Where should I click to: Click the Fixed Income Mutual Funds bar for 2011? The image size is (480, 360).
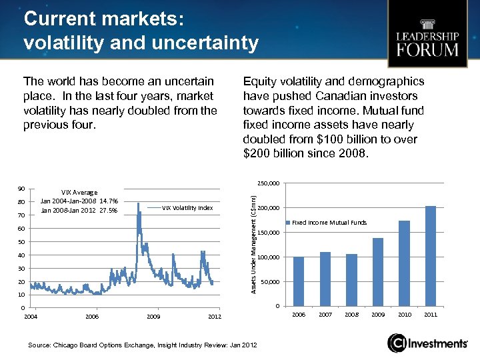[431, 256]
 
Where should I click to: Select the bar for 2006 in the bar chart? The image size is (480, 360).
[299, 281]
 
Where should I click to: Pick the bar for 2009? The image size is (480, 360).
[378, 272]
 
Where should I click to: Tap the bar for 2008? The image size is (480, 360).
[351, 280]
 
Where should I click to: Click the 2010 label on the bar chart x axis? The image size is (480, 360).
[404, 314]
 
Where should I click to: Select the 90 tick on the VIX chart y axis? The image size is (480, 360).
[21, 189]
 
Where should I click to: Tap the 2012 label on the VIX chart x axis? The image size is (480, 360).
[214, 316]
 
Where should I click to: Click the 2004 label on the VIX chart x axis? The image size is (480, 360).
[31, 316]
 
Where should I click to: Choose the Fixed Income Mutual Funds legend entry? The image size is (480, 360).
[329, 223]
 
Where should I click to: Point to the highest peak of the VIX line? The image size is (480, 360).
[138, 201]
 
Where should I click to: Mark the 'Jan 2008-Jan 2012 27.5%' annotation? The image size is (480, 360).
[79, 211]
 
